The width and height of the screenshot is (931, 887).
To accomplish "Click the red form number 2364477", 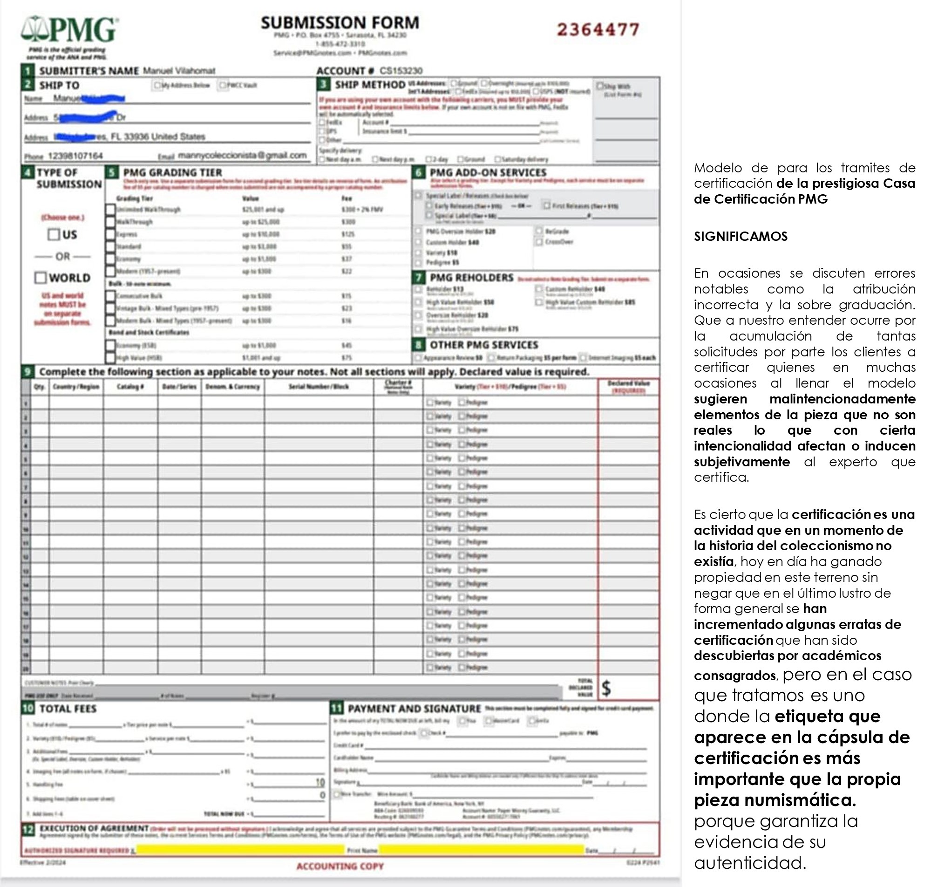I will pos(598,30).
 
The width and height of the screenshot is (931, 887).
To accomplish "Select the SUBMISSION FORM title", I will pos(340,23).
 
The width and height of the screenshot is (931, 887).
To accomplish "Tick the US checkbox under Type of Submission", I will pos(54,234).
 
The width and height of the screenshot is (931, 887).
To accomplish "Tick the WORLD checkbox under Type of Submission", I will pos(41,278).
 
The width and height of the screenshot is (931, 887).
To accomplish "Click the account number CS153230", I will pos(401,71).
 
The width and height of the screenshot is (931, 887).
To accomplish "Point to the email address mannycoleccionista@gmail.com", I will pos(242,155).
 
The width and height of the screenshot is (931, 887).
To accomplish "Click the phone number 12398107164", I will pos(75,156).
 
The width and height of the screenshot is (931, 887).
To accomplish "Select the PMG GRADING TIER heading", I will pos(172,172).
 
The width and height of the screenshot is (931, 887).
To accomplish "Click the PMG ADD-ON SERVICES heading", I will pos(488,172).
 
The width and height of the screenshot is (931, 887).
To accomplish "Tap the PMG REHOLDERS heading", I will pos(471,278).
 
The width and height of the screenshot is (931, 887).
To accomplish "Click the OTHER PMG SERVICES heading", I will pos(484,345).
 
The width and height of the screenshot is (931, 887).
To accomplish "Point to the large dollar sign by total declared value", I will pos(606,689).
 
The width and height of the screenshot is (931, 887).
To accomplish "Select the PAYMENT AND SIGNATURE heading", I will pos(414,708).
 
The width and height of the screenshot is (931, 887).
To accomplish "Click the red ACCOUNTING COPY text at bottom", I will pos(340,866).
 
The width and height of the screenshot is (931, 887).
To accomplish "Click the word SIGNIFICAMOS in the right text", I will pos(740,236).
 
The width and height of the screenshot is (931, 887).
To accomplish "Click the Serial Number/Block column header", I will pos(319,387).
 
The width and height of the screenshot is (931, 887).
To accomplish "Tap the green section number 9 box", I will pos(27,372).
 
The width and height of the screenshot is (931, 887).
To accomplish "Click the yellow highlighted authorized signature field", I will pos(240,850).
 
